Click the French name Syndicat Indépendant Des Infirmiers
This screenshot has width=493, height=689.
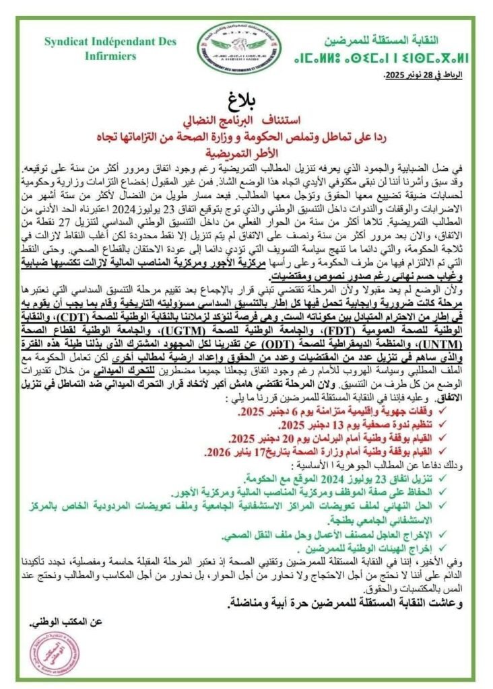[111, 48]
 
